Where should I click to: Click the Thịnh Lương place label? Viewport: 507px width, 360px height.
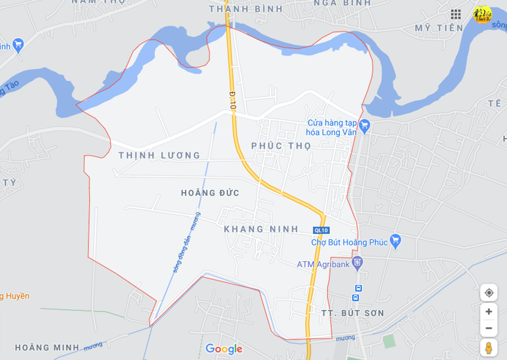(x=159, y=155)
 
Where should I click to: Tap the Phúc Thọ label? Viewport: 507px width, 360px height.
(x=281, y=146)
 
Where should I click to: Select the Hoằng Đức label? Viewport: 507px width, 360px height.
(x=210, y=193)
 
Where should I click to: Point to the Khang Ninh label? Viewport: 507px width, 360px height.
(x=261, y=229)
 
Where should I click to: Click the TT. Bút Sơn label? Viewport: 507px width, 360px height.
(x=352, y=313)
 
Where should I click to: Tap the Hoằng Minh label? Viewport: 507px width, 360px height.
(x=47, y=347)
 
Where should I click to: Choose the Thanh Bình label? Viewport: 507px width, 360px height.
(x=246, y=9)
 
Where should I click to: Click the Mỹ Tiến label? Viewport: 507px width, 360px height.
(x=439, y=28)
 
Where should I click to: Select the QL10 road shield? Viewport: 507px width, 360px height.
(x=321, y=230)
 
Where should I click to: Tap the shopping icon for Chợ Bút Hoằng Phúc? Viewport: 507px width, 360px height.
(x=395, y=240)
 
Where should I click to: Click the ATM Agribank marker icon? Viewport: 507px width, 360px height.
(x=357, y=262)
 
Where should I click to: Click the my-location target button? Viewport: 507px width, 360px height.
(x=489, y=293)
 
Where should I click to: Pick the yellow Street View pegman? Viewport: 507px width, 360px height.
(x=489, y=348)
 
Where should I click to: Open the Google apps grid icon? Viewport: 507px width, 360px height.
(x=456, y=14)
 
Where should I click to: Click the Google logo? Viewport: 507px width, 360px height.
(x=223, y=349)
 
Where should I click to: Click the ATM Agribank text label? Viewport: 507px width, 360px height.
(x=324, y=264)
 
